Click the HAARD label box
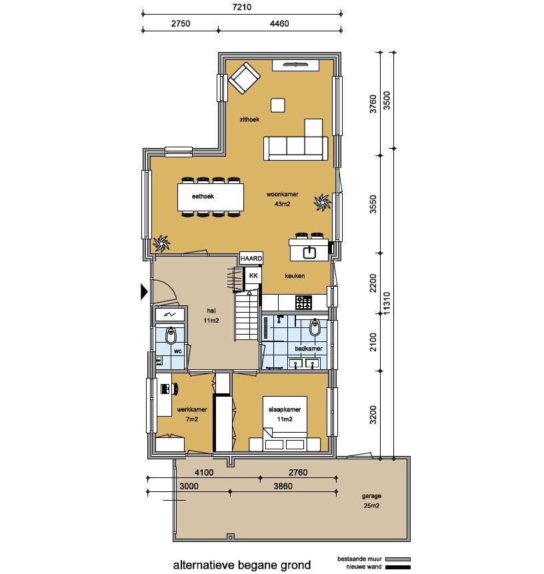click(251, 258)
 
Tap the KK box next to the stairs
click(253, 275)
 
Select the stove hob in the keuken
click(304, 303)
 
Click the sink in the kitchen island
click(310, 252)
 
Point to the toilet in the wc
click(171, 335)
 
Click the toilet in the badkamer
click(315, 327)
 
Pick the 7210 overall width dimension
click(242, 7)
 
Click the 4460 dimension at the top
click(279, 23)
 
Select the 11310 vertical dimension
click(387, 303)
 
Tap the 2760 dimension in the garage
click(298, 472)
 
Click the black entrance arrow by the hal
click(144, 292)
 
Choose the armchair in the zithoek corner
click(244, 78)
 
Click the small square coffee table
click(278, 105)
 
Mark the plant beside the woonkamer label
click(322, 203)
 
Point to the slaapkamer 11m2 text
click(285, 415)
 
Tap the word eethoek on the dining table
click(203, 196)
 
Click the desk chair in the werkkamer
click(173, 389)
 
